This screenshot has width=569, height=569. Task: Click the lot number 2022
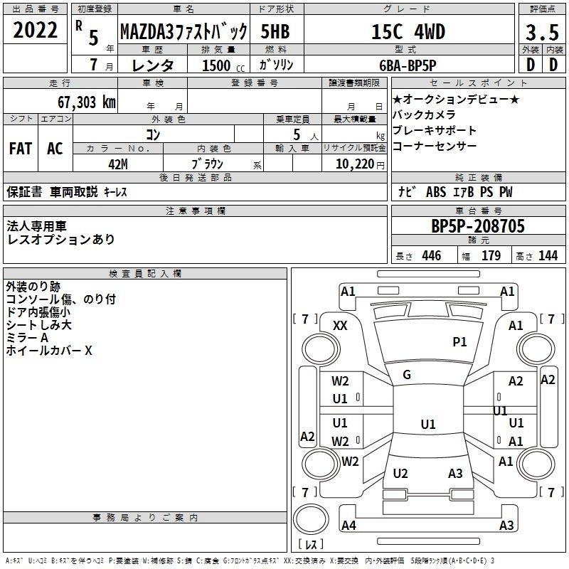(35, 30)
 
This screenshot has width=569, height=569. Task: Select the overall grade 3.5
(542, 32)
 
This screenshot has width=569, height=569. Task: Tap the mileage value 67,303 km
(86, 102)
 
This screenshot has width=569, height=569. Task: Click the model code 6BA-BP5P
(408, 65)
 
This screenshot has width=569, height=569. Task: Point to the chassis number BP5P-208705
(477, 226)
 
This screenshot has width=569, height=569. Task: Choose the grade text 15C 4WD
(408, 32)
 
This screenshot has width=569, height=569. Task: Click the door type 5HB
(275, 31)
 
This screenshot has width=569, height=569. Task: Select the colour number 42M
(118, 164)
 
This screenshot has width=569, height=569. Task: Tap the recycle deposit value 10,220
(355, 164)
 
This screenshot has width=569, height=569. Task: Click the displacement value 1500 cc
(223, 65)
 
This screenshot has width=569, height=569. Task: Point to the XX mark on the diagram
(340, 326)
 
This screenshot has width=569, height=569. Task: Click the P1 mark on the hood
(459, 341)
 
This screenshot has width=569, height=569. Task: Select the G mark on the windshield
(407, 375)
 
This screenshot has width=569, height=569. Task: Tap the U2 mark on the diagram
(400, 473)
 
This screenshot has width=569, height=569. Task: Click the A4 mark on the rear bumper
(349, 525)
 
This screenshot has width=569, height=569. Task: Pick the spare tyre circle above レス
(311, 519)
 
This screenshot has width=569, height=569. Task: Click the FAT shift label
(21, 149)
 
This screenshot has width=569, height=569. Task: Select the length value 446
(432, 256)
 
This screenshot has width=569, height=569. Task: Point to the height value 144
(548, 256)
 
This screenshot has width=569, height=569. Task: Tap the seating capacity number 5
(297, 134)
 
